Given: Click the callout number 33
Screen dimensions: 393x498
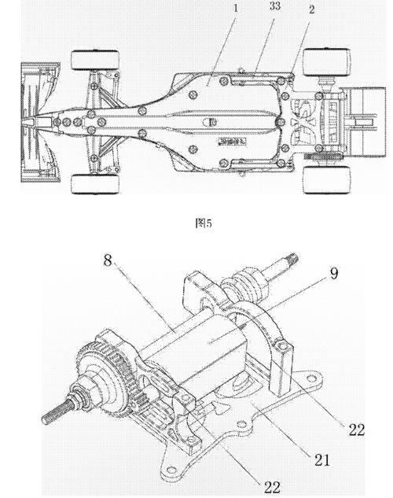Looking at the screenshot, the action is click(x=275, y=6).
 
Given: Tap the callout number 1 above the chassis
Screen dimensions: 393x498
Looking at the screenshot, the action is click(x=235, y=9).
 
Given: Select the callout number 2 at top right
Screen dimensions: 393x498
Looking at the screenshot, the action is click(x=311, y=10).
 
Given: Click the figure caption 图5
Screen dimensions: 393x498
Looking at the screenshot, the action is click(x=204, y=223).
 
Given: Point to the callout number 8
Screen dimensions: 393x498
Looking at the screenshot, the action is click(x=108, y=260).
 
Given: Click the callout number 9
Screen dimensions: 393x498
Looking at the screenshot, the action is click(x=334, y=274).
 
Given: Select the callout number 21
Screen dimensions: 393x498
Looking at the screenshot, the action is click(x=322, y=459).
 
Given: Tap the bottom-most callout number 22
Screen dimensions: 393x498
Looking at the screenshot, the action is click(x=272, y=487).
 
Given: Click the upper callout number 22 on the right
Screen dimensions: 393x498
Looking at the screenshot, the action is click(x=357, y=430).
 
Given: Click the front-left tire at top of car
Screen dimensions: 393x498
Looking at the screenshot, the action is click(x=95, y=60).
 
